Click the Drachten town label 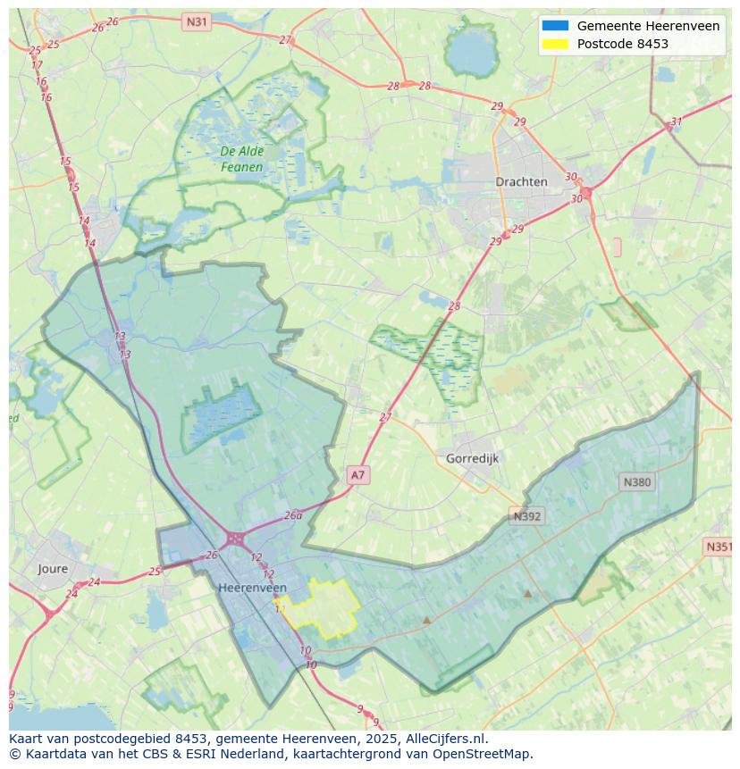click(521, 181)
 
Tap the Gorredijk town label click(472, 458)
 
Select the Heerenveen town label click(252, 588)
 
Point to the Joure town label click(53, 568)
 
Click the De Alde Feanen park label click(242, 159)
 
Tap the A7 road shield click(357, 475)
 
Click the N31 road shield click(197, 21)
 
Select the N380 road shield click(636, 482)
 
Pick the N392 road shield click(527, 516)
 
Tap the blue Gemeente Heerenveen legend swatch click(554, 26)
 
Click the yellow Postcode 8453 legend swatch click(554, 44)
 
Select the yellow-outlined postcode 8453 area click(320, 609)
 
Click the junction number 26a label click(293, 515)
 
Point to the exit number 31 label click(677, 121)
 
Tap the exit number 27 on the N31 click(284, 39)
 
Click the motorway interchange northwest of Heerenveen click(236, 538)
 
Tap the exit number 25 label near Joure click(155, 572)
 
